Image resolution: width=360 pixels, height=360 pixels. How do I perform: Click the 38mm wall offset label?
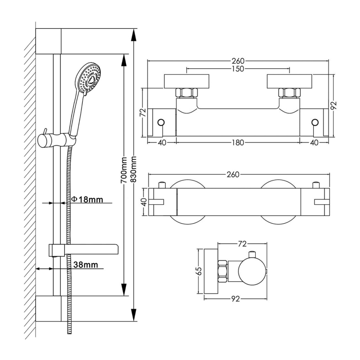85,265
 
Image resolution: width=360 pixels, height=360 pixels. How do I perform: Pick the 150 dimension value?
238,69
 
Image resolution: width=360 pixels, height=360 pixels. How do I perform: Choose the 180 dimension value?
238,143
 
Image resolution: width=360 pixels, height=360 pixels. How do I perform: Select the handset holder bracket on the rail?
56,139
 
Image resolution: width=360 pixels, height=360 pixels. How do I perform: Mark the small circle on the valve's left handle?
161,122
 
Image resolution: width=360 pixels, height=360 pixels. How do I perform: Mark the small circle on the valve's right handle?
315,122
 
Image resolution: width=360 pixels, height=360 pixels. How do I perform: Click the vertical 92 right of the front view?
333,105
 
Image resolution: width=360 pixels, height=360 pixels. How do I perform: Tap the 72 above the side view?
242,243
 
